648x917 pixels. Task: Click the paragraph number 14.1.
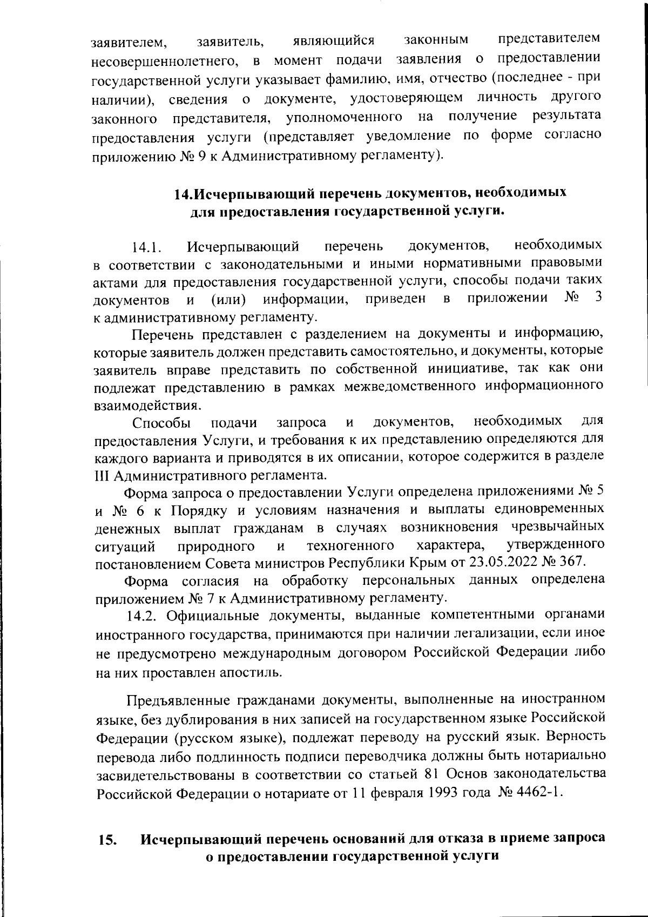pyautogui.click(x=147, y=249)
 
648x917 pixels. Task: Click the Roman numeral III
pyautogui.click(x=103, y=476)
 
